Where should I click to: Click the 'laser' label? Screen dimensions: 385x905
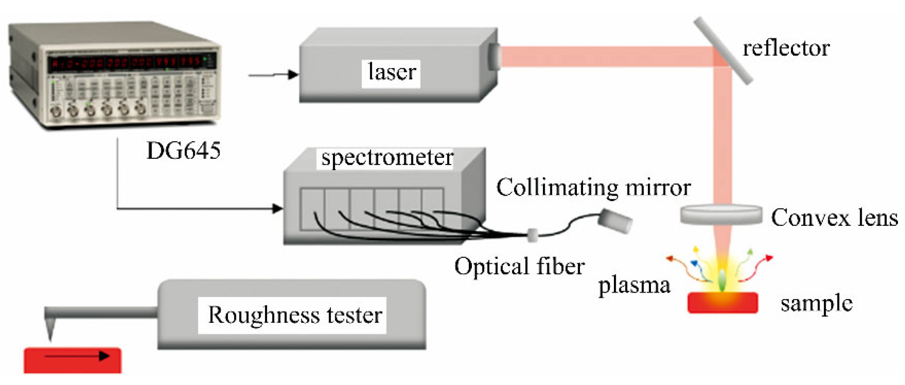[391, 73]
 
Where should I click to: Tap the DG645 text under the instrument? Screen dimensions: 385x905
[183, 151]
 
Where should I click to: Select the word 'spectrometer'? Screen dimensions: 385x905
[387, 158]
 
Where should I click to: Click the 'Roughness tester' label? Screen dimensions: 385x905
[295, 315]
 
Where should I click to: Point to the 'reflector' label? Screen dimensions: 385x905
[786, 48]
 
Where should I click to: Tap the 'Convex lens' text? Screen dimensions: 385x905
[834, 218]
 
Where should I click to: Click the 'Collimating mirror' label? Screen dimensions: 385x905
[593, 188]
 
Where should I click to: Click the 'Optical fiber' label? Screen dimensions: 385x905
[519, 266]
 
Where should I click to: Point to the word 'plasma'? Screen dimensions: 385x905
[634, 286]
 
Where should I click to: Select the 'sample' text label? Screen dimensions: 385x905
[816, 303]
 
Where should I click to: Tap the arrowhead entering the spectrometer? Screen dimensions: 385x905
[277, 208]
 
